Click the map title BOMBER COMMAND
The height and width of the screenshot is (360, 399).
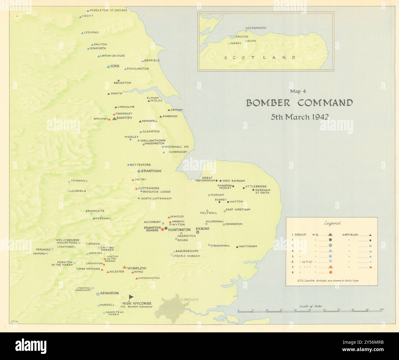(299, 103)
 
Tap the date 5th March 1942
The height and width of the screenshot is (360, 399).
(299, 117)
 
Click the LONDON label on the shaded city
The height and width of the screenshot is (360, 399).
(189, 299)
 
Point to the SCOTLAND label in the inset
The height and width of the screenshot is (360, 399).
(259, 57)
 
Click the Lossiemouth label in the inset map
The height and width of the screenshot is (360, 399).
(256, 28)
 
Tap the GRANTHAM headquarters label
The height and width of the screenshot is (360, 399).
(151, 171)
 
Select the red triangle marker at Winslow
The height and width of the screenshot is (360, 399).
(125, 268)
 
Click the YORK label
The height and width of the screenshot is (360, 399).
(115, 66)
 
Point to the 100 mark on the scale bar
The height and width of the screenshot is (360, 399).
(382, 309)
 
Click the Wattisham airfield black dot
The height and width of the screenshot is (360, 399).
(237, 247)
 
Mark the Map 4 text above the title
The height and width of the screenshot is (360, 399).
(298, 91)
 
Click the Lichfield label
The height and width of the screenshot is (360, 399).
(78, 191)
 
